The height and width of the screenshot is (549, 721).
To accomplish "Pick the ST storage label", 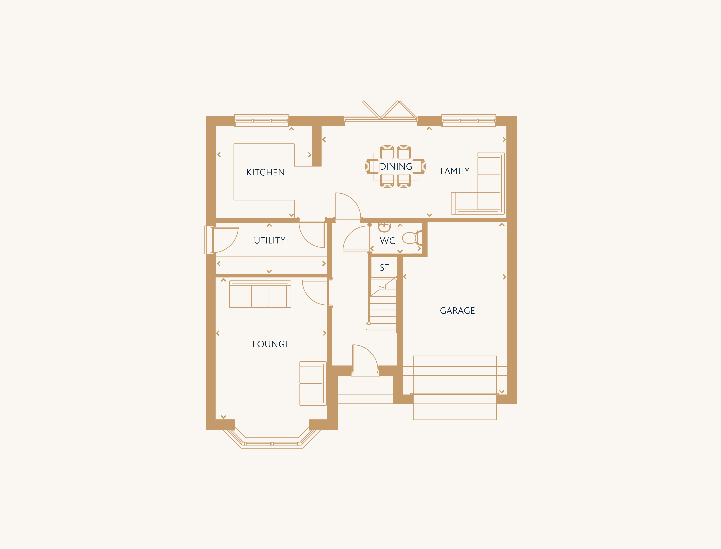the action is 384,268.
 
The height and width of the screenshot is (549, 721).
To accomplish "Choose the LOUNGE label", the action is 271,344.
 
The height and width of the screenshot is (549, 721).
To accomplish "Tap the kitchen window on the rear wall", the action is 261,121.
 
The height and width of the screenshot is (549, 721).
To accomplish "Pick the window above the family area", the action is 469,121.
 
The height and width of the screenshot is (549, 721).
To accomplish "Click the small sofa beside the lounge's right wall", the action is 313,384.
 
